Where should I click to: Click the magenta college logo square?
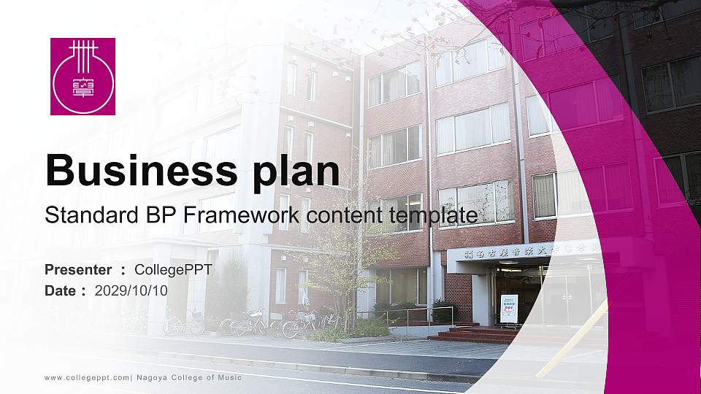pos(83,77)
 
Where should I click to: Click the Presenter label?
pos(78,270)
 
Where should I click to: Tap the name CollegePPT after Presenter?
pos(174,270)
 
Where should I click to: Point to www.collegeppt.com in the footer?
pos(87,378)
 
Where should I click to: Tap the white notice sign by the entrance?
pos(509,307)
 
